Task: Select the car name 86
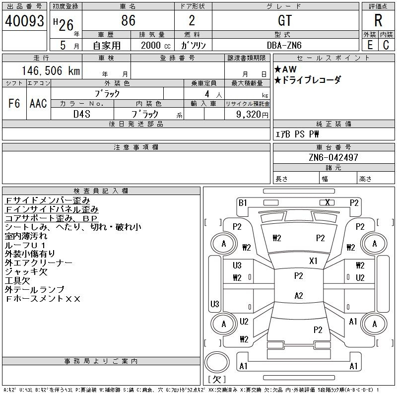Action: pos(128,21)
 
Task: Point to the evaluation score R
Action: pos(378,21)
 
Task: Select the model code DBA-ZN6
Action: pos(285,45)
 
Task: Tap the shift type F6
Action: pos(14,103)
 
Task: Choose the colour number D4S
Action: pos(81,114)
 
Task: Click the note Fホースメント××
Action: pos(43,299)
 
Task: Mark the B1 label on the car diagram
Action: pos(243,202)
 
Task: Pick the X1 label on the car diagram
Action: pos(314,261)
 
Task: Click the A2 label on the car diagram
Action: pos(298,295)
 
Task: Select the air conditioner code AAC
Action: pos(38,103)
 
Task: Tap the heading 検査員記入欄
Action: pos(101,191)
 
